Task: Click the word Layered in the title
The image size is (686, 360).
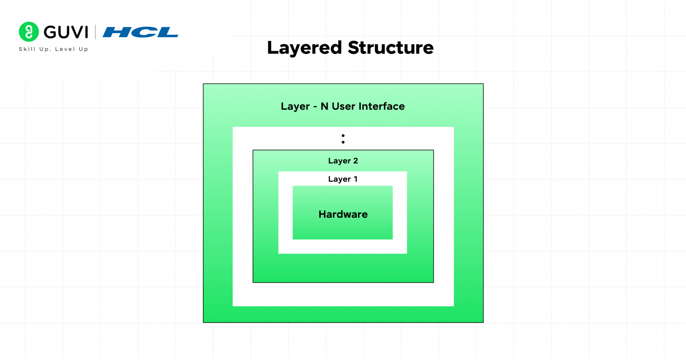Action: pos(304,48)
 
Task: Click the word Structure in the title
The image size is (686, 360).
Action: pos(391,48)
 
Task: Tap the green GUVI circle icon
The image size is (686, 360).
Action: pos(29,32)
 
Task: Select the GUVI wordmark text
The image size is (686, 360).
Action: pos(66,32)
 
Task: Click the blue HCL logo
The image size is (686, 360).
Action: pos(140,32)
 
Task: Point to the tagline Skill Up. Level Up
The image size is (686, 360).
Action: pos(54,49)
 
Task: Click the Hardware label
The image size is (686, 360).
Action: pos(343,214)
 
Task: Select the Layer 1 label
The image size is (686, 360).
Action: pos(343,179)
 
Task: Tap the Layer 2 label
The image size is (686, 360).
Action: pos(343,161)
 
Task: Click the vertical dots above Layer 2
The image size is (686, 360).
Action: pos(343,139)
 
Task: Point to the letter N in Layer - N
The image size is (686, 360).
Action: pos(324,106)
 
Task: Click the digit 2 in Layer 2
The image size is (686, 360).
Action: pos(356,161)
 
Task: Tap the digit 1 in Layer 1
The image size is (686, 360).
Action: pos(356,179)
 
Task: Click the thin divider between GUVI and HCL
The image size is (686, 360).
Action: pos(95,32)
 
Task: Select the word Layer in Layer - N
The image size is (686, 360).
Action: pos(295,107)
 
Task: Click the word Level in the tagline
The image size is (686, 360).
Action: pos(65,49)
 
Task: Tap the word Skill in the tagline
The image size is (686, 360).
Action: pos(27,49)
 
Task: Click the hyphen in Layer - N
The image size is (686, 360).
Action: pos(315,107)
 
